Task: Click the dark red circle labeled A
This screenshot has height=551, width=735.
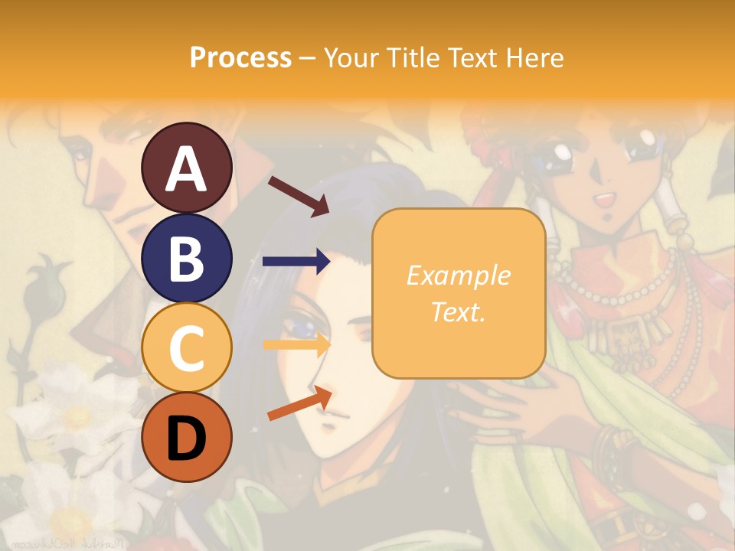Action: coord(186,168)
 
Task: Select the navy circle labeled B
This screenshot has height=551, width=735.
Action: coord(186,258)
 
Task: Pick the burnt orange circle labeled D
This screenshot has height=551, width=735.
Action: coord(186,437)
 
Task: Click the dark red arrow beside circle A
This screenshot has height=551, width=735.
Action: coord(298,196)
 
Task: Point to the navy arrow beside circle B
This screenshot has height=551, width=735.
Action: coord(296,262)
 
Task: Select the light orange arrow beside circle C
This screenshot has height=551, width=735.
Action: coord(296,345)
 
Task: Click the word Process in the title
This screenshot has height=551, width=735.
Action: coord(240,57)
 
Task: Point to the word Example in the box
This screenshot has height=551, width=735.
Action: coord(458,275)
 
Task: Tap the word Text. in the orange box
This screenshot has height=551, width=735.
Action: coord(458,311)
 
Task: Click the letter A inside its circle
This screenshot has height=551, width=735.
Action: coord(186,170)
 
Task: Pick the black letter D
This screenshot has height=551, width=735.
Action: coord(186,438)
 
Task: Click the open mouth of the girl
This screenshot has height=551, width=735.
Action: coord(605,201)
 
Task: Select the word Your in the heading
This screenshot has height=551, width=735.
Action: coord(352,57)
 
